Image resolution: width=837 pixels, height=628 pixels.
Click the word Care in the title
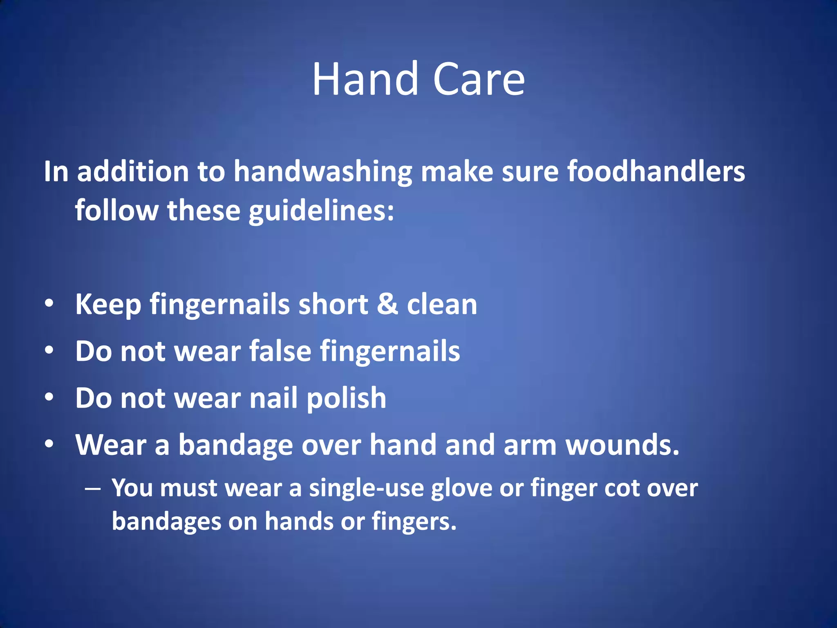(x=478, y=79)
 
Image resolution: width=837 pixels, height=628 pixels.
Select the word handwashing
(x=323, y=172)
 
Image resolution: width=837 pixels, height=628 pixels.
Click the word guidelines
(x=321, y=211)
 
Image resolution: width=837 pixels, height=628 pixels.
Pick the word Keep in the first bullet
(x=108, y=305)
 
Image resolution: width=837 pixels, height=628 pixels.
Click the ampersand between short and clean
(x=387, y=304)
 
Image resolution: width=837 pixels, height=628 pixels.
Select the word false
(x=280, y=351)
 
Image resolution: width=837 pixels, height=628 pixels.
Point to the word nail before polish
(x=273, y=398)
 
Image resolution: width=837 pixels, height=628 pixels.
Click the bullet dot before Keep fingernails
(x=49, y=304)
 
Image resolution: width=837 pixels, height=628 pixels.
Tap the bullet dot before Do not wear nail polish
(x=49, y=397)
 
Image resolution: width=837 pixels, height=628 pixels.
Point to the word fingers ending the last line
(x=414, y=522)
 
